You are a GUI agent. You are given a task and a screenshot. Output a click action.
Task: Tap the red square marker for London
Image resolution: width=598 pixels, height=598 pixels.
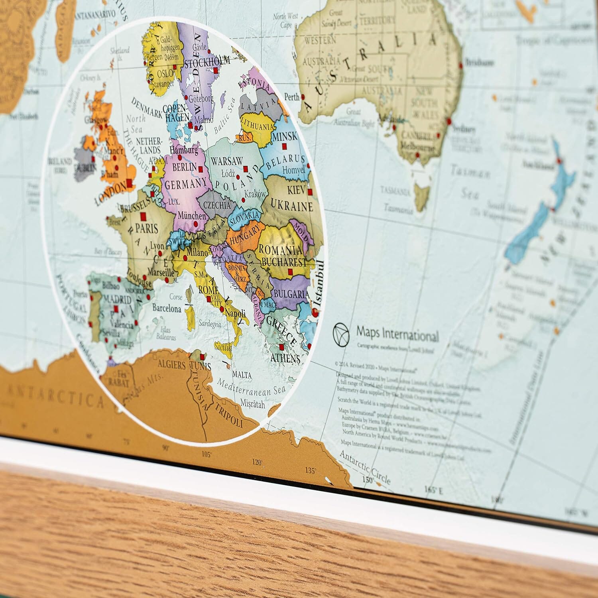(129, 184)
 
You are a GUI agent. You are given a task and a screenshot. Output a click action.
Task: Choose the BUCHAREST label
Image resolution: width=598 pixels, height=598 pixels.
(284, 263)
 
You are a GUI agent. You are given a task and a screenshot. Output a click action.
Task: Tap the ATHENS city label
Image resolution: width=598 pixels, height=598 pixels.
(285, 358)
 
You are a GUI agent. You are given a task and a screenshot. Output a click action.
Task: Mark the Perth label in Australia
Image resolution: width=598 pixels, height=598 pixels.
(291, 96)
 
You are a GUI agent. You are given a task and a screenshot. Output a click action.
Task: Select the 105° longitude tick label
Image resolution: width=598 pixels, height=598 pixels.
(206, 454)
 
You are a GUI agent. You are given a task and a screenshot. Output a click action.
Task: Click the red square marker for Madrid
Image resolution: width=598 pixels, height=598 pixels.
(116, 309)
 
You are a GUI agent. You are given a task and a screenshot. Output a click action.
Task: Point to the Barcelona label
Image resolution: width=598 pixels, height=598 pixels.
(167, 308)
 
